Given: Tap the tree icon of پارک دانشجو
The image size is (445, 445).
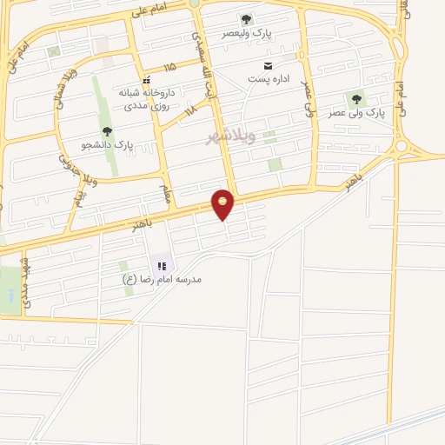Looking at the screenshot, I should [x=107, y=131].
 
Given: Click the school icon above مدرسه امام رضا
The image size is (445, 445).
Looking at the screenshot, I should [x=161, y=265].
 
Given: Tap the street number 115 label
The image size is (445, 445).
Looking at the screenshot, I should [x=169, y=66].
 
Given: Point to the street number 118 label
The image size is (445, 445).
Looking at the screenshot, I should [x=190, y=109].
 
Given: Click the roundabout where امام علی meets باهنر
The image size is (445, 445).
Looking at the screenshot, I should [x=401, y=147].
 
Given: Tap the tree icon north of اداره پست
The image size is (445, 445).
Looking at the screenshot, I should [x=246, y=19].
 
